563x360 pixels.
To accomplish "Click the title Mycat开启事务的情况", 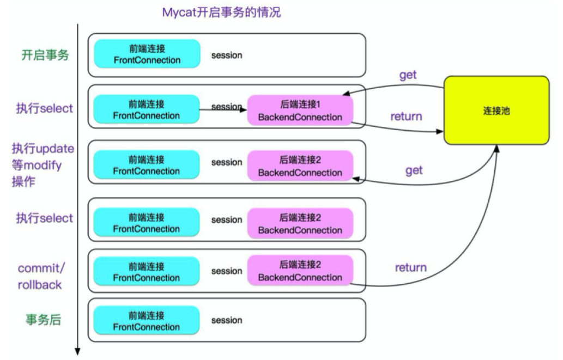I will pyautogui.click(x=221, y=12).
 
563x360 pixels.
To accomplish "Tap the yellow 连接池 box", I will pyautogui.click(x=496, y=111).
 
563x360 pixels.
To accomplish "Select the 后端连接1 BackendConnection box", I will pyautogui.click(x=300, y=111).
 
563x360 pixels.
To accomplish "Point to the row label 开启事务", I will pyautogui.click(x=45, y=54).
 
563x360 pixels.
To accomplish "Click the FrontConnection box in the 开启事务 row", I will pyautogui.click(x=147, y=54).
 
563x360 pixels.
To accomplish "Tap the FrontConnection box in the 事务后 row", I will pyautogui.click(x=147, y=321).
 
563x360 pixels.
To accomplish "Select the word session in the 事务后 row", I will pyautogui.click(x=227, y=320).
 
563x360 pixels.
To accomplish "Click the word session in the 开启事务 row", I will pyautogui.click(x=227, y=55).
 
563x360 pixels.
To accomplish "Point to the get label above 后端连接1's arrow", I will pyautogui.click(x=408, y=75).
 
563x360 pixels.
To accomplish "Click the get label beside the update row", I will pyautogui.click(x=414, y=170).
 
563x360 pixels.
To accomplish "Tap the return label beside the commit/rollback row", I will pyautogui.click(x=410, y=267).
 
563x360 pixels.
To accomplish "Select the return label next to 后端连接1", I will pyautogui.click(x=406, y=116).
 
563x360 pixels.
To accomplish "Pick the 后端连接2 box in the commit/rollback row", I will pyautogui.click(x=300, y=271).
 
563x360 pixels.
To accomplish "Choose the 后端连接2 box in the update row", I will pyautogui.click(x=300, y=166).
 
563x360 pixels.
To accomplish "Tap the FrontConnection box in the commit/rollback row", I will pyautogui.click(x=147, y=271).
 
